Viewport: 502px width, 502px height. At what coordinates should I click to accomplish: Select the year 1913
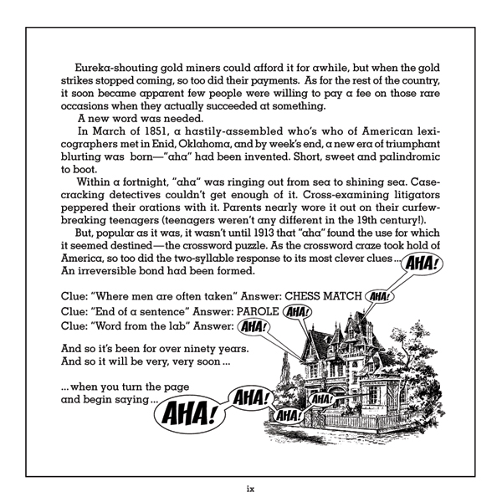(259, 232)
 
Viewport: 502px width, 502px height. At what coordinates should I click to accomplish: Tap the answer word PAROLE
(254, 311)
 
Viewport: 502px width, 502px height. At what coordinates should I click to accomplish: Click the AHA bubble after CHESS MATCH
(380, 296)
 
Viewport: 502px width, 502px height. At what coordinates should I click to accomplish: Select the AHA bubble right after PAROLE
(298, 312)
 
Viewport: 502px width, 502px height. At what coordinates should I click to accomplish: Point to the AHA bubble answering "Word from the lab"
(252, 327)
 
